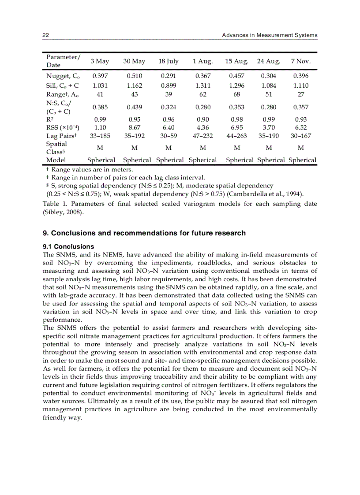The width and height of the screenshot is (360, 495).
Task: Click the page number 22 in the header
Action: click(x=45, y=35)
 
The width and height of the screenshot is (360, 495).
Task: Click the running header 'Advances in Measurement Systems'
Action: click(x=270, y=35)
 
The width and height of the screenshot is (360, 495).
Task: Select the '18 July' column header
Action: click(x=169, y=61)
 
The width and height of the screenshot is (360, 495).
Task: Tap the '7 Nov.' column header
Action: click(x=301, y=61)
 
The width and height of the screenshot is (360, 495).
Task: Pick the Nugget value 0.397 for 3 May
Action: click(x=100, y=76)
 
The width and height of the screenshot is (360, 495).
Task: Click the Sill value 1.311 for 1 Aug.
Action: click(x=203, y=86)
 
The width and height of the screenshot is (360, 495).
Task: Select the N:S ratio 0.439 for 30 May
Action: click(x=134, y=107)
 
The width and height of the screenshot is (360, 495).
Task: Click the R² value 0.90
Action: click(x=203, y=119)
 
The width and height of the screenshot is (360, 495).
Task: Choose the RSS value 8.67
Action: click(x=134, y=128)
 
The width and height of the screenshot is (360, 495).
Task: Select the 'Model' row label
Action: click(x=56, y=160)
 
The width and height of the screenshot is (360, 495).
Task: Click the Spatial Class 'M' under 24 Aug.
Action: click(x=269, y=148)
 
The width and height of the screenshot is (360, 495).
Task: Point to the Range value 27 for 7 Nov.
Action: click(x=301, y=94)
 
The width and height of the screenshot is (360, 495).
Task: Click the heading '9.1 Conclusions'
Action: click(x=68, y=246)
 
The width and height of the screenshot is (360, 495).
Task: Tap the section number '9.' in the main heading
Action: click(x=45, y=233)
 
